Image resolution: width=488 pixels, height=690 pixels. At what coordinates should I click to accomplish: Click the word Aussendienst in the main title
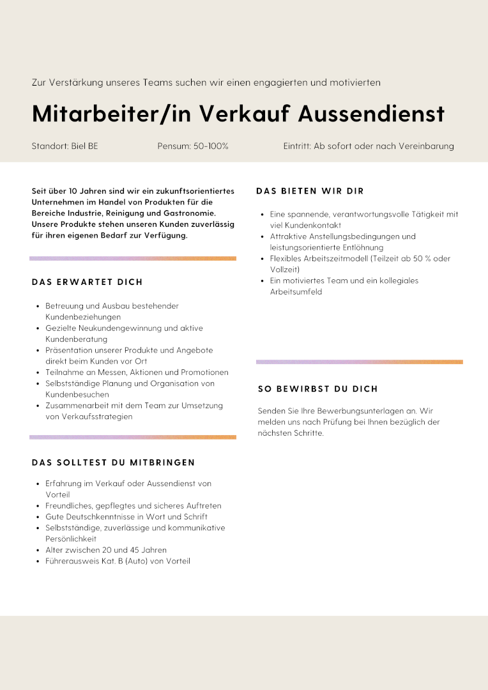371,114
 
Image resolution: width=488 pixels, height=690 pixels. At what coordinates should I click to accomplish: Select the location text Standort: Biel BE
65,146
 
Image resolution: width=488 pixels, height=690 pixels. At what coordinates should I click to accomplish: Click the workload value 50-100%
211,146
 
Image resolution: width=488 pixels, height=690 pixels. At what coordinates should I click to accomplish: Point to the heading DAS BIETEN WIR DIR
310,191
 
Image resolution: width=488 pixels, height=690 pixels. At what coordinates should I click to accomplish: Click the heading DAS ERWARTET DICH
87,282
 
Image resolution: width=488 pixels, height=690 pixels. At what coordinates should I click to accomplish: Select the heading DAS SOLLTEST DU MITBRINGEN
113,463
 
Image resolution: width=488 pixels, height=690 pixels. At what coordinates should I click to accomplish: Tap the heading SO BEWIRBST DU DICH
318,388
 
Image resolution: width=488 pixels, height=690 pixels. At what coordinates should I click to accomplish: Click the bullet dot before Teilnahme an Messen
38,372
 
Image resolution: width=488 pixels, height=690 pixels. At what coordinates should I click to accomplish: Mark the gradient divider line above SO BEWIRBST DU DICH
359,362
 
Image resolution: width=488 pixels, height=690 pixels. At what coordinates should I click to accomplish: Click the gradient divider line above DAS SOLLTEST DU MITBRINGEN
133,438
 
